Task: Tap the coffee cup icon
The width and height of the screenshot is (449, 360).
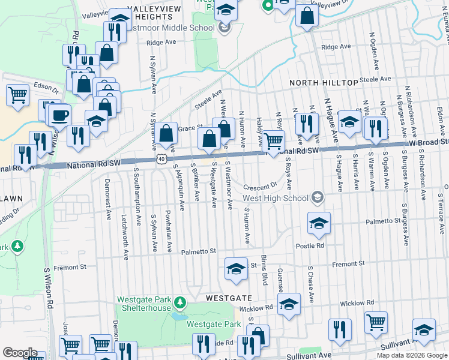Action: [x=59, y=114]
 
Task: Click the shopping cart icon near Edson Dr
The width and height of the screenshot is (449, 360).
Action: [x=17, y=94]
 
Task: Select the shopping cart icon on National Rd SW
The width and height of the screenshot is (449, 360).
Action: [x=273, y=142]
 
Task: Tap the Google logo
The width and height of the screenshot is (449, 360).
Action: [x=19, y=353]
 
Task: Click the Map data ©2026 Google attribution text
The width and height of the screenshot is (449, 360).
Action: [x=412, y=355]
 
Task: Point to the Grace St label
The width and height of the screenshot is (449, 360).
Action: [x=187, y=128]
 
